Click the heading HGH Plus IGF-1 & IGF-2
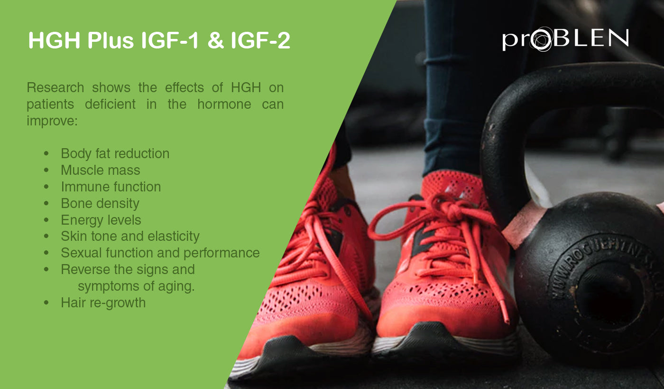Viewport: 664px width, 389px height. pos(159,41)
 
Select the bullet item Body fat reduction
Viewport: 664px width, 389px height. pos(115,154)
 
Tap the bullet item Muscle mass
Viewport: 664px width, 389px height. pos(100,170)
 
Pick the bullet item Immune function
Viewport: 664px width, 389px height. pos(111,187)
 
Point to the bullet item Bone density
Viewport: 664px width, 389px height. pos(100,203)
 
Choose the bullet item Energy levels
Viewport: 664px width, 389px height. pos(101,220)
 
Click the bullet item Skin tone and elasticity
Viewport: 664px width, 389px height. pos(130,237)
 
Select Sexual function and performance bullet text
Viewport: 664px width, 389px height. pos(160,253)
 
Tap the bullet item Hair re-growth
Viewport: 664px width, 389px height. pos(103,303)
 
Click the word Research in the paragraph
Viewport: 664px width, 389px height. pos(55,88)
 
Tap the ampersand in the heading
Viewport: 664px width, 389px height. pos(215,41)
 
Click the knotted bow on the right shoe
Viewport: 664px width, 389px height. pos(446,209)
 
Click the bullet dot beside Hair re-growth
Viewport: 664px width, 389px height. pos(46,303)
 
